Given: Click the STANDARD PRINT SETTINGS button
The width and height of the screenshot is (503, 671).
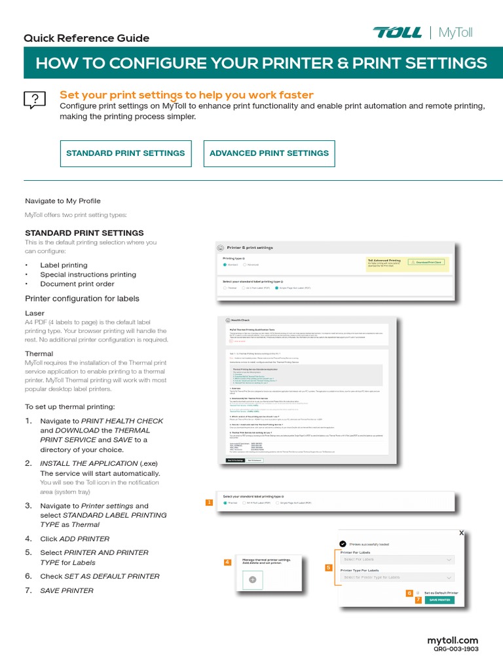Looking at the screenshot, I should click(x=126, y=153).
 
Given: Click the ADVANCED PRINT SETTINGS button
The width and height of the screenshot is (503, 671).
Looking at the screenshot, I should click(x=269, y=153).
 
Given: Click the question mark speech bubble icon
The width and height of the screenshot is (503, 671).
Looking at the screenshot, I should click(x=34, y=100).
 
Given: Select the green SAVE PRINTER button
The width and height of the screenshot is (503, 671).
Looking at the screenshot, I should click(x=439, y=600).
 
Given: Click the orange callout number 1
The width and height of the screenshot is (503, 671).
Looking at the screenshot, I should click(x=209, y=503).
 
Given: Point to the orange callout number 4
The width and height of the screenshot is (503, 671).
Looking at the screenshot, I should click(x=227, y=562).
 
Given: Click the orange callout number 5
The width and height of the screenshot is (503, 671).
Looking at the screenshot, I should click(x=329, y=568).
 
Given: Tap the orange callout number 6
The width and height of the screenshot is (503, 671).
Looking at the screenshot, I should click(x=409, y=592).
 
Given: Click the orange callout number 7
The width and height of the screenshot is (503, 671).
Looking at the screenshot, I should click(x=418, y=600).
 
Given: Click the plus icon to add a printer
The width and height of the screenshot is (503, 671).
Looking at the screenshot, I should click(x=253, y=580).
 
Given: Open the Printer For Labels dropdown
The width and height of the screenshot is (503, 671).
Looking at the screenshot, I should click(x=397, y=560).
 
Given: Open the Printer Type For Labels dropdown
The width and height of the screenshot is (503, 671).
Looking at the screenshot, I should click(x=397, y=577).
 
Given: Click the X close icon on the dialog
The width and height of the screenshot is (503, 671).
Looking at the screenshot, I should click(x=461, y=533).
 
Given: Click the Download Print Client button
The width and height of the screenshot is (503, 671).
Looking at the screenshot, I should click(x=426, y=262).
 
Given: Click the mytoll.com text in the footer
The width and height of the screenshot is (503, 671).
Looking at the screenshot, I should click(x=453, y=640).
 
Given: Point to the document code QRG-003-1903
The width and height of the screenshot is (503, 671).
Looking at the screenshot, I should click(x=456, y=649).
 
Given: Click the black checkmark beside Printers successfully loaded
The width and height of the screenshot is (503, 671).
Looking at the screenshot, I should click(x=343, y=543).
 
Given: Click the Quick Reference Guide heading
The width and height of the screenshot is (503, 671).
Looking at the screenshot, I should click(x=86, y=38).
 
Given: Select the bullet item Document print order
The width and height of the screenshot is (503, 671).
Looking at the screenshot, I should click(x=77, y=284).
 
